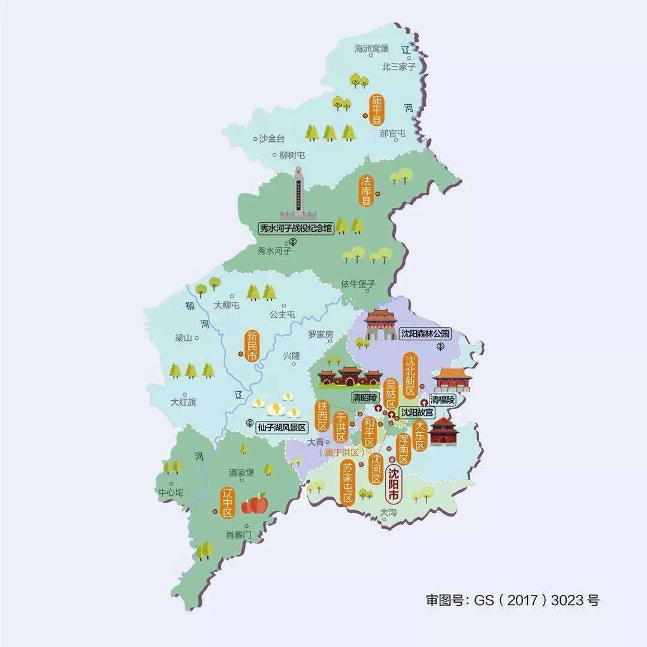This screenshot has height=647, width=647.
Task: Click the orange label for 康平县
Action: coord(377,109)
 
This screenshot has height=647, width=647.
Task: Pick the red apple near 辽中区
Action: coord(254,503)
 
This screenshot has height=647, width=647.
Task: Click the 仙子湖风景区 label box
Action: coord(282,427)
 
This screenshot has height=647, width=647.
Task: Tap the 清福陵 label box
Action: coord(443,398)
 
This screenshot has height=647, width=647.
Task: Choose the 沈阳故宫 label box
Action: coord(419,412)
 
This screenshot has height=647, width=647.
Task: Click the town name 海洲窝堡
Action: coord(371,49)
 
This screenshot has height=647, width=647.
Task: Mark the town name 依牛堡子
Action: coord(358,283)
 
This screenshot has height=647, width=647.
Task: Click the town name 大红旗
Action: coord(183,402)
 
